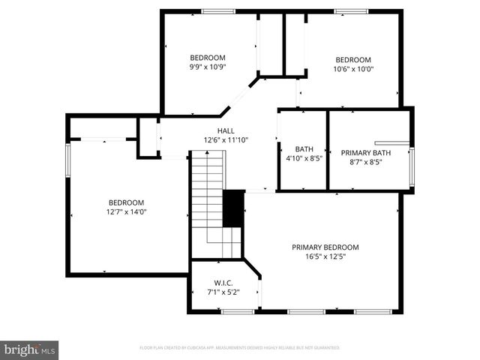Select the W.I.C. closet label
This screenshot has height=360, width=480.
coord(223,283)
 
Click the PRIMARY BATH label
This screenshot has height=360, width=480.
coord(366,153)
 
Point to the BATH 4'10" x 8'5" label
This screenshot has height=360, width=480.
coord(304,154)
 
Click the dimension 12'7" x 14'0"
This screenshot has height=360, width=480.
coord(127,211)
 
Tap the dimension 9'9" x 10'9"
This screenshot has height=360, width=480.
coord(208,67)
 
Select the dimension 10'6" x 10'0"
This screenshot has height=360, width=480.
coord(353,69)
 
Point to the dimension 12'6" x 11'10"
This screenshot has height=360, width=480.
coord(226,139)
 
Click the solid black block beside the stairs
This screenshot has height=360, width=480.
coord(235,208)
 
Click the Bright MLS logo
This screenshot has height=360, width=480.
coord(30,349)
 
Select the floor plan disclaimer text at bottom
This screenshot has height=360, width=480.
coord(240,348)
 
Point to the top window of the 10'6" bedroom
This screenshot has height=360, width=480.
coord(351,10)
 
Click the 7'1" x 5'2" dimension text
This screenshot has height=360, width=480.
coord(223,292)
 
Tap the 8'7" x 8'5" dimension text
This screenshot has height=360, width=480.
coord(366,162)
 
